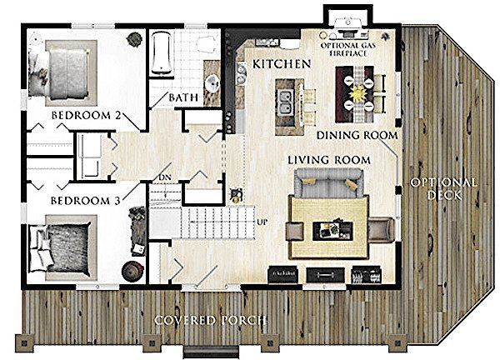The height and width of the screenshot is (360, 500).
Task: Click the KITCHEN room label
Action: tap(282, 64)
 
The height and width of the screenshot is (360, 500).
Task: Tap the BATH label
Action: tap(183, 97)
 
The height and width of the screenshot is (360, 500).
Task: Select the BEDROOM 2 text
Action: tap(86, 115)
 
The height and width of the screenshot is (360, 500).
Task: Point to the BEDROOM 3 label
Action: tap(86, 201)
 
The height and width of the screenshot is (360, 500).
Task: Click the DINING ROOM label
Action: tap(357, 136)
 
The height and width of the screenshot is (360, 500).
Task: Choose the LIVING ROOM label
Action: tap(329, 160)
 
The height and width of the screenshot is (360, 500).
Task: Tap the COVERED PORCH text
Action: tap(210, 320)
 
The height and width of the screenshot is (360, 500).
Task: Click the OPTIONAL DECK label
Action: tap(443, 189)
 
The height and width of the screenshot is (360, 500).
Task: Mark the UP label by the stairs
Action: tap(262, 222)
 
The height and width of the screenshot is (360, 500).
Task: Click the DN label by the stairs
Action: tap(165, 177)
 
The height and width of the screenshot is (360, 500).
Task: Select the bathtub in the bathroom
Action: tap(162, 53)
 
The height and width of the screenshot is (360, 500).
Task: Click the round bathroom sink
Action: tap(212, 83)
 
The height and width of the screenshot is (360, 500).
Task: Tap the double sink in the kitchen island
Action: tap(286, 102)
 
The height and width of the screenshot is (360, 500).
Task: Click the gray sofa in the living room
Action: tap(329, 182)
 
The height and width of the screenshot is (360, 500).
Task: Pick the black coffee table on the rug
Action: tap(332, 231)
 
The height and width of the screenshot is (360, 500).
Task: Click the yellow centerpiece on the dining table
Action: tap(358, 93)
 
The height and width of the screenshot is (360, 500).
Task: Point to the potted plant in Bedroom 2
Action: tap(134, 39)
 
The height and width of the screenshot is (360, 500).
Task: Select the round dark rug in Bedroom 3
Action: tap(132, 271)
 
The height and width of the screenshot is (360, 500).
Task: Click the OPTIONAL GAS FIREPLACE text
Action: tap(348, 49)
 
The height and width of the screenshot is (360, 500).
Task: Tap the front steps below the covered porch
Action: tap(211, 351)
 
